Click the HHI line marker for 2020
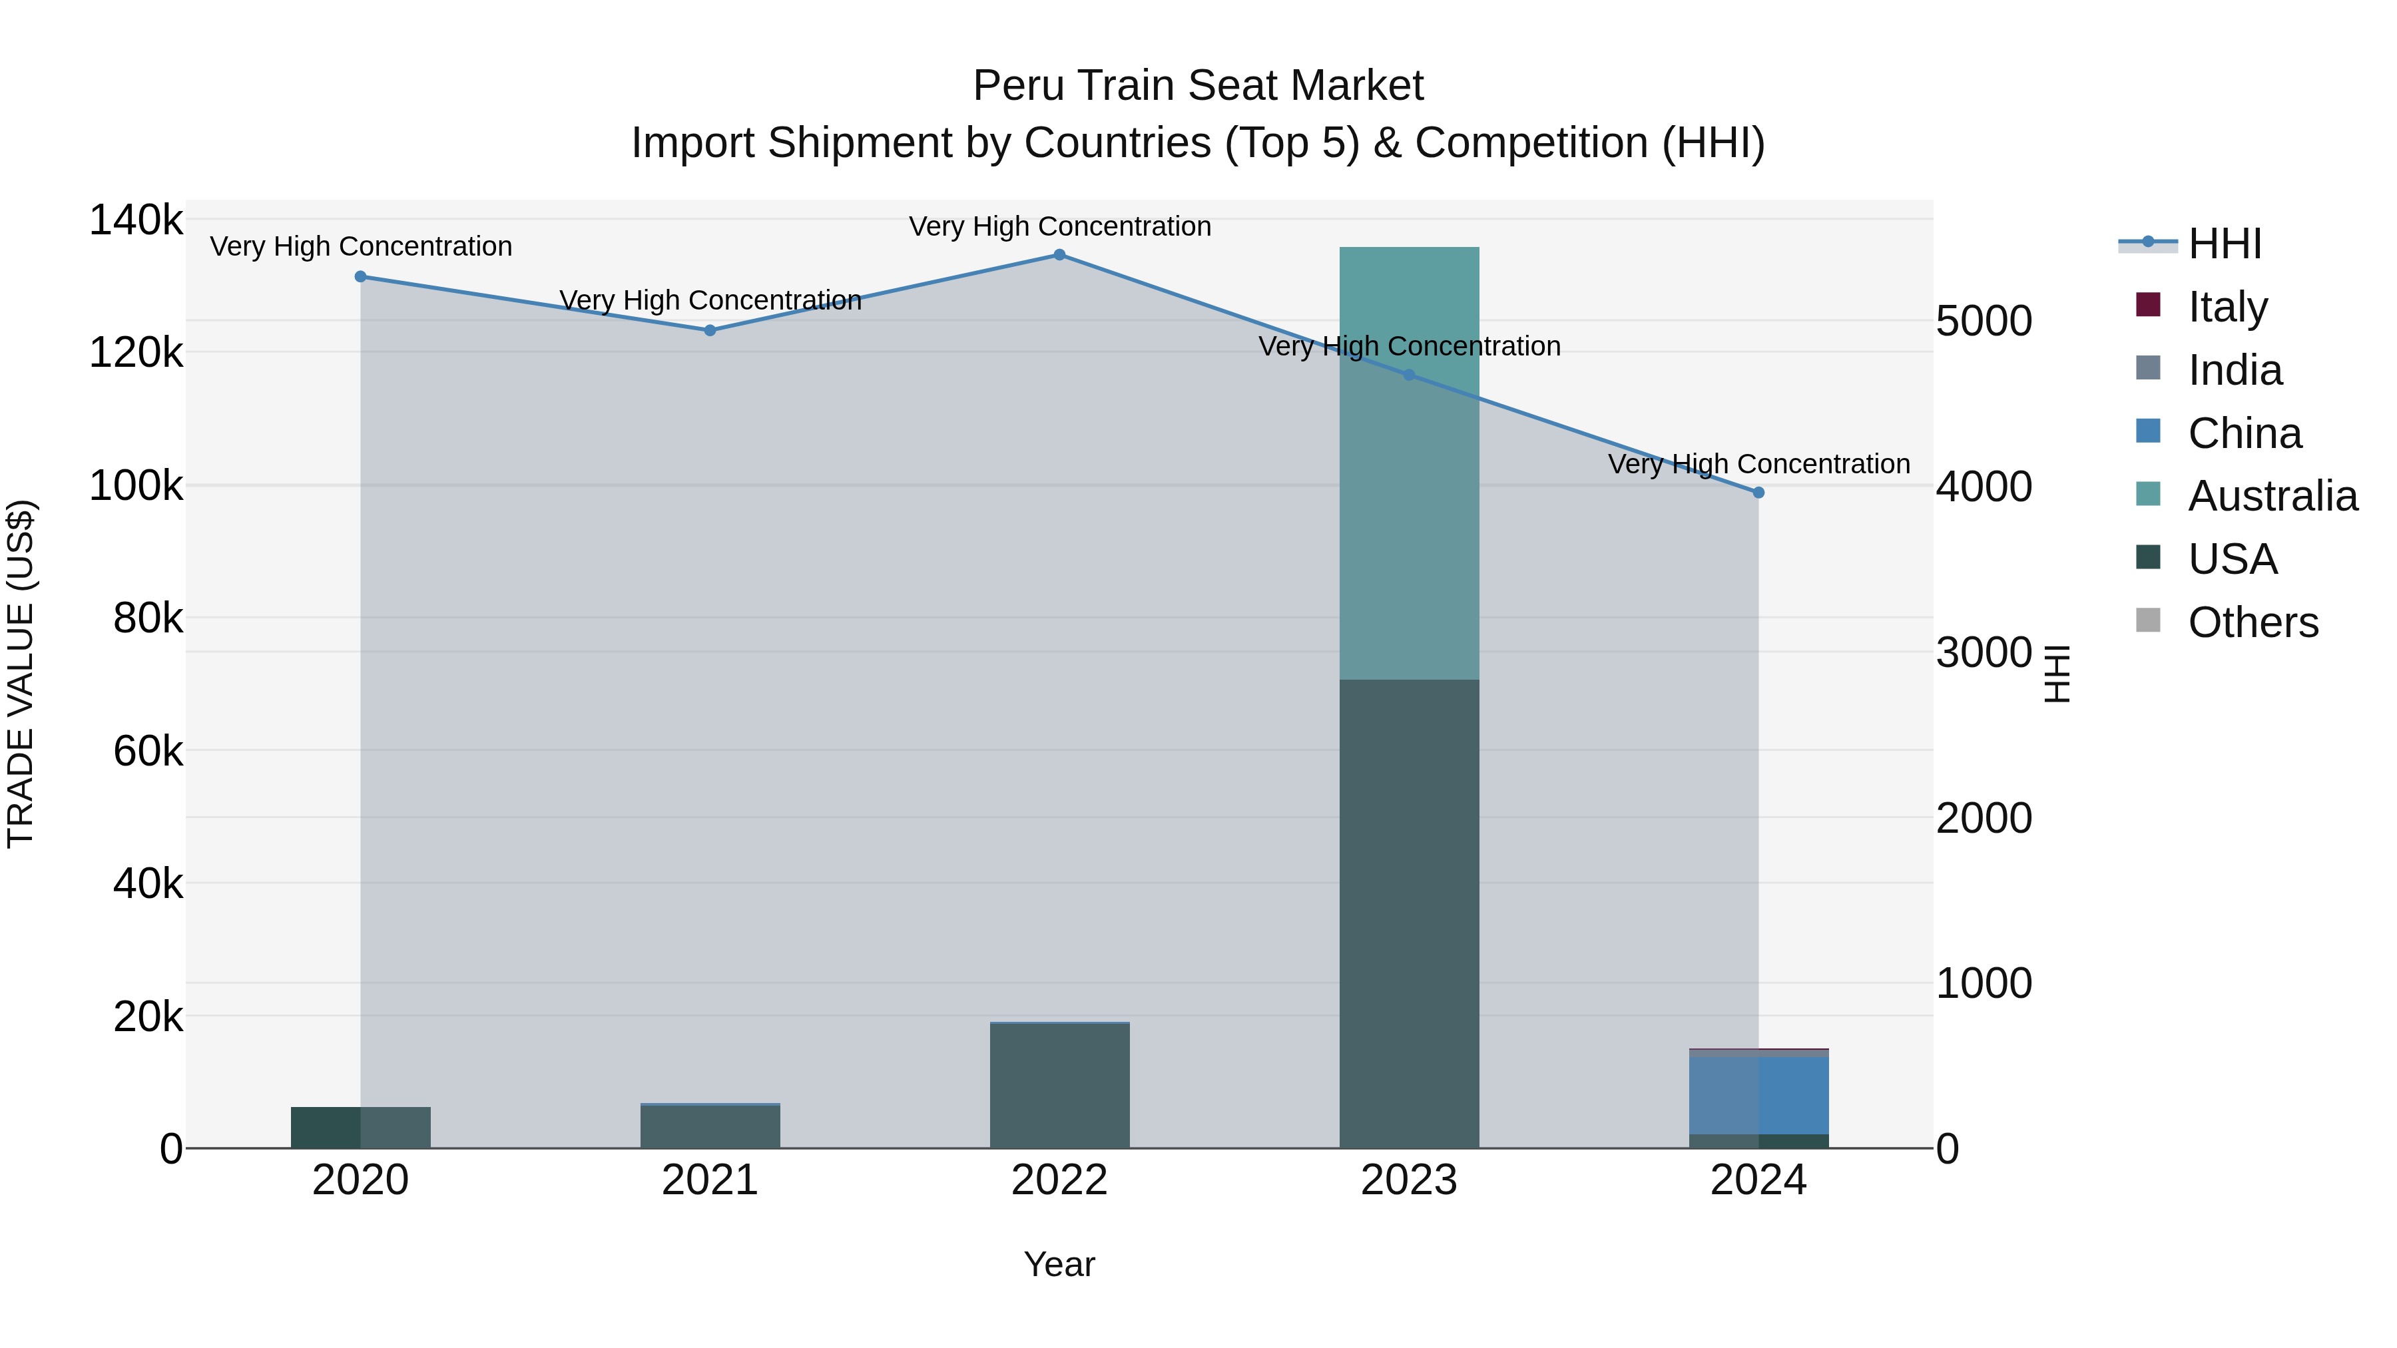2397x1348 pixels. click(x=360, y=276)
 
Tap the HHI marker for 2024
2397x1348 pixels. click(x=1758, y=493)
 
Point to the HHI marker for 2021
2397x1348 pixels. click(x=710, y=330)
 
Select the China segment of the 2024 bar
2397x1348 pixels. click(x=1758, y=1095)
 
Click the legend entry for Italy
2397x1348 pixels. click(x=2227, y=306)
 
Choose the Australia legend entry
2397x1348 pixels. click(x=2271, y=496)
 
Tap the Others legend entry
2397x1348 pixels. click(x=2252, y=622)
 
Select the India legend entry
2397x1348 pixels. click(x=2234, y=369)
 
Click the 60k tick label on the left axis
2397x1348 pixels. click(x=148, y=751)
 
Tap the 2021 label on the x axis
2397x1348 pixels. click(x=710, y=1180)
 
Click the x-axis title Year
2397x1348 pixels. click(x=1059, y=1264)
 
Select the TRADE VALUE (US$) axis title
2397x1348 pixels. click(x=21, y=674)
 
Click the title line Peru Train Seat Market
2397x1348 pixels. click(x=1198, y=86)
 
